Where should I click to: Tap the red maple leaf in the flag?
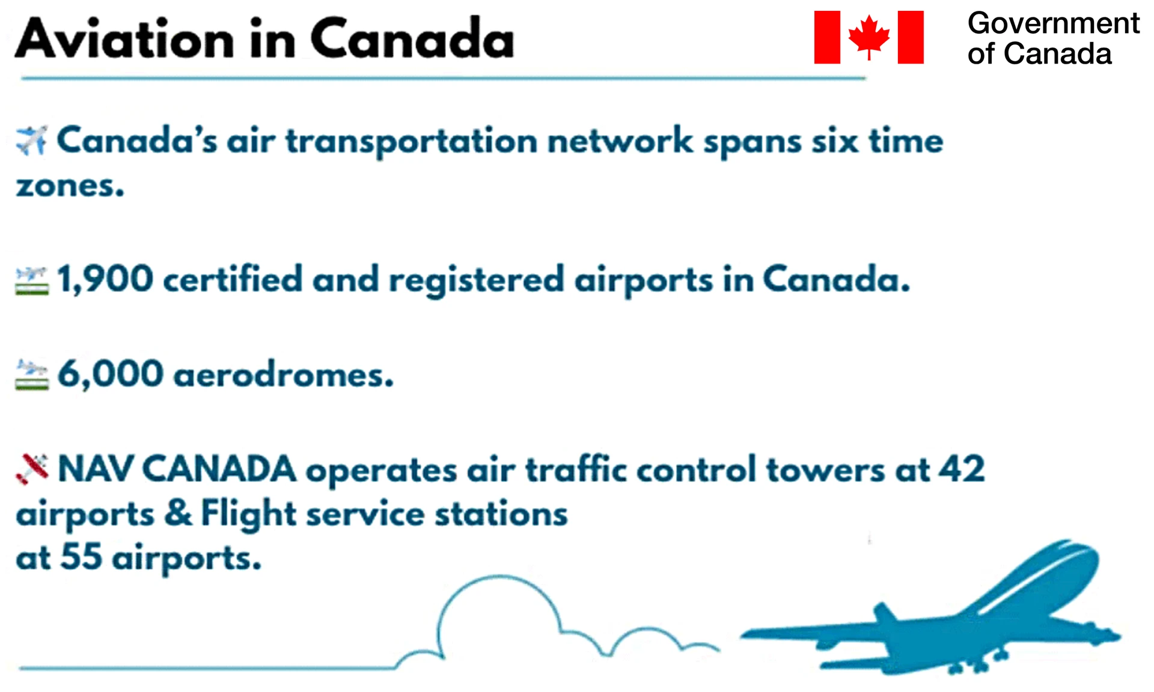click(869, 37)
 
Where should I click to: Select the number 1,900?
click(105, 279)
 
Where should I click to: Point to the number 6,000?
click(110, 374)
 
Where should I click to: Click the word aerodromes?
click(284, 375)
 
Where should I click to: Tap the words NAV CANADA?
click(177, 469)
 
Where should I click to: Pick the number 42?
click(962, 469)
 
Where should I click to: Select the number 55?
click(82, 556)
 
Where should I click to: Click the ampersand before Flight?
click(179, 513)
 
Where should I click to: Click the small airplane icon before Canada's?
click(32, 140)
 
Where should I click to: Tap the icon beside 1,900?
click(32, 281)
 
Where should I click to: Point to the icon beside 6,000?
click(32, 375)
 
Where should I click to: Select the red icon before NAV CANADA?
click(32, 469)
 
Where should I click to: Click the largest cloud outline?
click(499, 578)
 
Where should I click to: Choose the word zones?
click(70, 186)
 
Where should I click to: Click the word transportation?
click(412, 141)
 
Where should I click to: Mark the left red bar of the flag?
click(827, 37)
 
